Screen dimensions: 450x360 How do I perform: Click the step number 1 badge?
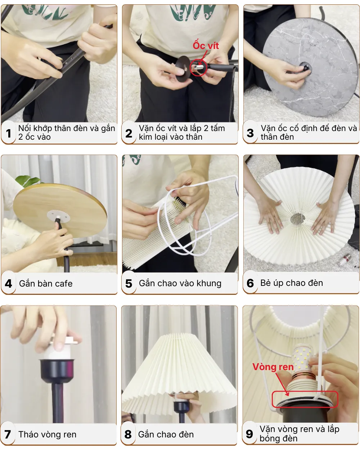click(x=9, y=134)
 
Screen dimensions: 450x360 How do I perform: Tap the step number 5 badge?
click(x=129, y=284)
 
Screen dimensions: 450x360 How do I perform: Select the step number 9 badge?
click(x=249, y=434)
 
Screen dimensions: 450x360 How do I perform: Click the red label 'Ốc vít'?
click(x=206, y=46)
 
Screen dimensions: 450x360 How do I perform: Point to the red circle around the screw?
click(x=198, y=67)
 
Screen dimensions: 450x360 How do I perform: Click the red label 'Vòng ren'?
click(x=273, y=367)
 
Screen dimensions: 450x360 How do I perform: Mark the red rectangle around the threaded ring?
click(x=305, y=399)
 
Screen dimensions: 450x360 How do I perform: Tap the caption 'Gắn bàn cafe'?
click(x=46, y=284)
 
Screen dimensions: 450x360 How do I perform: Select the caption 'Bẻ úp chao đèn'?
click(x=292, y=283)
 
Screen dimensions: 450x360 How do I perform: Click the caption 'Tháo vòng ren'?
click(x=48, y=435)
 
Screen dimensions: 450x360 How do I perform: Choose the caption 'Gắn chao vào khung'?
click(x=180, y=283)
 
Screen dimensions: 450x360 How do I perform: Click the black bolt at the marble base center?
click(x=305, y=67)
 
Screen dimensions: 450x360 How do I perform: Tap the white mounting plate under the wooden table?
click(x=58, y=217)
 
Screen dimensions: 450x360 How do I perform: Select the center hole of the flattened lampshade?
click(x=298, y=218)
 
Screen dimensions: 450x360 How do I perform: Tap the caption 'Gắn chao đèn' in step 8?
click(x=166, y=435)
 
